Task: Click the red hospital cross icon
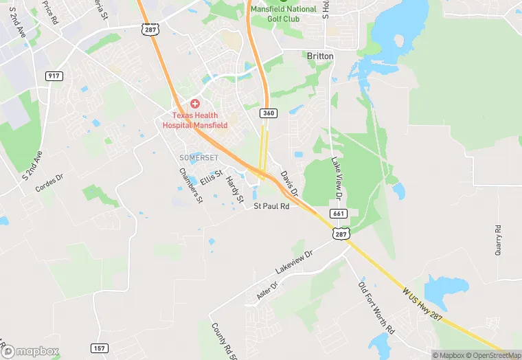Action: (x=195, y=103)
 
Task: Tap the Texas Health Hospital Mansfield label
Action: (x=195, y=121)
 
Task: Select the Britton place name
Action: (x=320, y=56)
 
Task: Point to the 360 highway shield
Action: (x=268, y=112)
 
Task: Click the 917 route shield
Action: (x=54, y=76)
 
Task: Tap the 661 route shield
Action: (x=337, y=214)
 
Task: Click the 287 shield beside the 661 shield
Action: (x=341, y=234)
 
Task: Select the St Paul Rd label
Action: (x=272, y=206)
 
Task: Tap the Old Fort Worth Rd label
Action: (x=377, y=307)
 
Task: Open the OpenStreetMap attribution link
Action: (x=490, y=355)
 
